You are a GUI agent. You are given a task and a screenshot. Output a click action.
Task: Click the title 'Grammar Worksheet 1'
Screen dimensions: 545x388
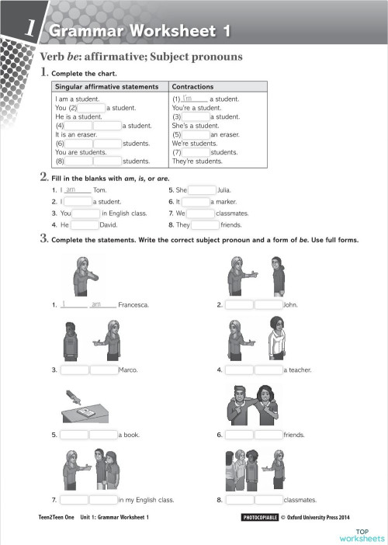coord(139,31)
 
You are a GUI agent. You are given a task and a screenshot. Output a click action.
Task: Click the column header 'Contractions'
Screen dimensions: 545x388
coord(192,86)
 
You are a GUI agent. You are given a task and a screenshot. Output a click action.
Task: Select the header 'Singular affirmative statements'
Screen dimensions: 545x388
coord(106,86)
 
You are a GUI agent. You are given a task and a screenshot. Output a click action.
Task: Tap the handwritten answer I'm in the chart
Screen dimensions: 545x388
coord(186,99)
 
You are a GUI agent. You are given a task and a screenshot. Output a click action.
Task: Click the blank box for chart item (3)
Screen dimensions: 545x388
coord(196,116)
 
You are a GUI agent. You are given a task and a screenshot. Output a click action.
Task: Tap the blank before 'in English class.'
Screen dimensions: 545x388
coord(86,213)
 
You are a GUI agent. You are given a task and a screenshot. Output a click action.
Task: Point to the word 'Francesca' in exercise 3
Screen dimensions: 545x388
coord(133,305)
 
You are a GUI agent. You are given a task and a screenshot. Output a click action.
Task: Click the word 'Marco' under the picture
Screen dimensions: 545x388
coord(128,370)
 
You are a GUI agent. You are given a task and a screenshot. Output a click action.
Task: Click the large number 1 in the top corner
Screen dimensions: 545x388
coord(29,29)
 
